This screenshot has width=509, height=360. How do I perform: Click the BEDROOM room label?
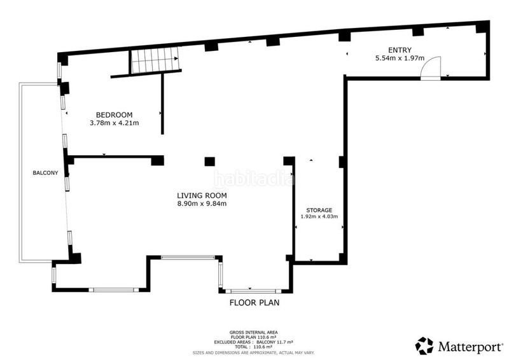click(115, 115)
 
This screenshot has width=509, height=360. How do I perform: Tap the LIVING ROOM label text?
click(202, 195)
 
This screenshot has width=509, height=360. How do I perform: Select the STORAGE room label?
click(319, 211)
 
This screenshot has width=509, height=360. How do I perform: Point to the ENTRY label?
click(400, 50)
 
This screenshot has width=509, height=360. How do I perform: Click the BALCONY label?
click(45, 173)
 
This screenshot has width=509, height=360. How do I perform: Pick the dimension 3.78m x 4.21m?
click(115, 123)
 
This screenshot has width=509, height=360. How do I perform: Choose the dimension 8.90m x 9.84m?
click(202, 204)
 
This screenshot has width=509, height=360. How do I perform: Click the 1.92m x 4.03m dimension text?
click(319, 216)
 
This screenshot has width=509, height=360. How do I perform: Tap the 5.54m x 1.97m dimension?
click(400, 58)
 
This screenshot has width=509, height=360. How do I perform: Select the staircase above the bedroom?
click(155, 60)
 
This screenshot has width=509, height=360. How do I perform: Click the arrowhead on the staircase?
click(176, 59)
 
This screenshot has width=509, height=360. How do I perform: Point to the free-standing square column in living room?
click(209, 162)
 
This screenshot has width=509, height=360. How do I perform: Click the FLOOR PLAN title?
click(254, 303)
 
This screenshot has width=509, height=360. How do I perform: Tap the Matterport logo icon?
click(424, 346)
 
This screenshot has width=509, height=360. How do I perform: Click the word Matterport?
click(470, 347)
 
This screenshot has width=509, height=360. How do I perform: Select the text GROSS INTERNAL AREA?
click(253, 333)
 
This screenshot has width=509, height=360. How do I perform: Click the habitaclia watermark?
click(254, 178)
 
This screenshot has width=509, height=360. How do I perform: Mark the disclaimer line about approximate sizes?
click(253, 352)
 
